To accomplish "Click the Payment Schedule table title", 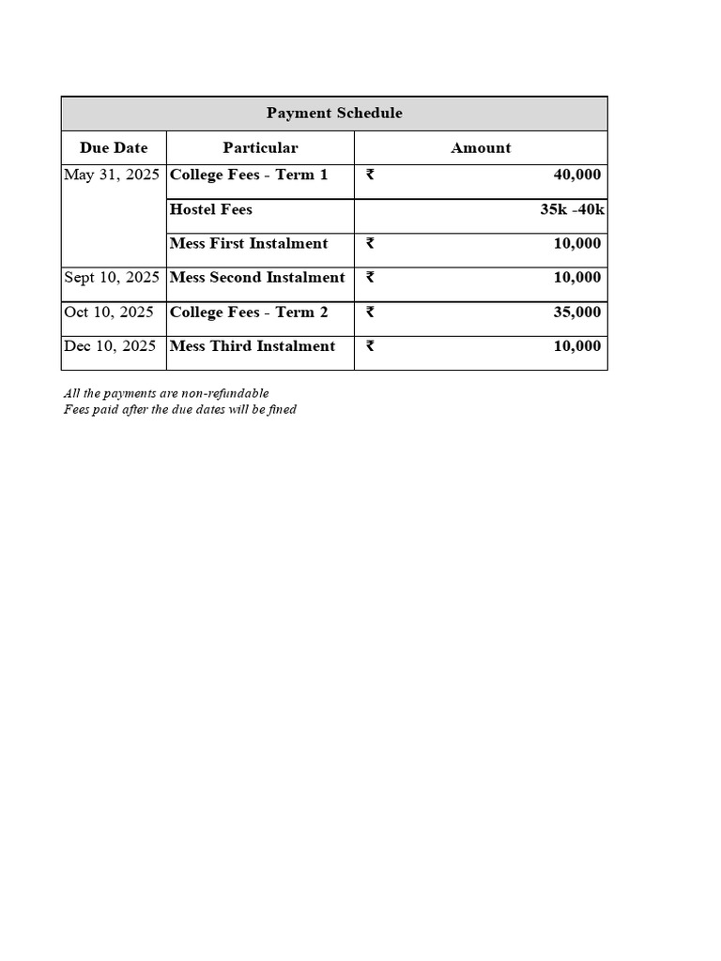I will (334, 114).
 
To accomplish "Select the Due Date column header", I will (114, 148).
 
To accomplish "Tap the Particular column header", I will (260, 148).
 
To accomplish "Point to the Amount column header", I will (481, 148).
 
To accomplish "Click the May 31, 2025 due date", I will (111, 175).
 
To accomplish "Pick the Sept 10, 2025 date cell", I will (112, 278).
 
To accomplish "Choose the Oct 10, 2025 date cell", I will (109, 313).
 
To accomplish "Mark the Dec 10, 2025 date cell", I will (110, 346).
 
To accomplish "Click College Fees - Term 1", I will (249, 175).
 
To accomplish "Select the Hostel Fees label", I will (210, 209).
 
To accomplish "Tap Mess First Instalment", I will (249, 244).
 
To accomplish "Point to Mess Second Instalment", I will (257, 278).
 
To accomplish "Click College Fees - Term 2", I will (249, 313).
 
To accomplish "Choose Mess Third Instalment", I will (253, 346).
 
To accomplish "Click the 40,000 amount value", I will (576, 175).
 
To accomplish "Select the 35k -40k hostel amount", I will (572, 209).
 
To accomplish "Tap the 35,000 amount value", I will (576, 313).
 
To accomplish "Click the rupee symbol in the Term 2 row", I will (370, 313).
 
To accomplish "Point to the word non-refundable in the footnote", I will (229, 393).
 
